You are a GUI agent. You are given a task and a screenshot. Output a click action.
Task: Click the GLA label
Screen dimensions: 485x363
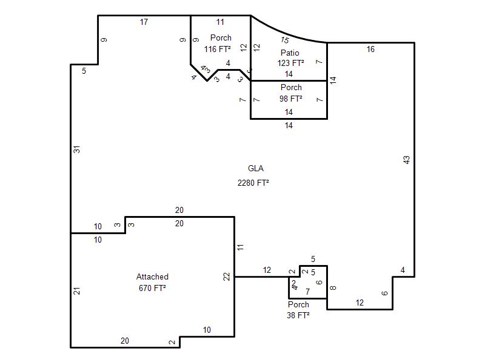click(x=255, y=169)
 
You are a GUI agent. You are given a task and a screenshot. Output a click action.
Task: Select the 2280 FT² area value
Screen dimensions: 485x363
click(x=253, y=183)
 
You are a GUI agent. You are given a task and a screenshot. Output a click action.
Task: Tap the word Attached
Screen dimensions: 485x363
click(x=152, y=276)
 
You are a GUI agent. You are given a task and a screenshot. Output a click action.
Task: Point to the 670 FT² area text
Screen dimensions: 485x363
click(x=152, y=288)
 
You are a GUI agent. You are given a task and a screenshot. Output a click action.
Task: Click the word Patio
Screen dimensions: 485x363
click(x=290, y=53)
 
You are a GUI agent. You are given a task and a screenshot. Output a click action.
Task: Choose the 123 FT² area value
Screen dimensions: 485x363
click(x=290, y=64)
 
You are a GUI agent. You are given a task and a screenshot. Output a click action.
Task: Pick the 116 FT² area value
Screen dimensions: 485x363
click(x=217, y=49)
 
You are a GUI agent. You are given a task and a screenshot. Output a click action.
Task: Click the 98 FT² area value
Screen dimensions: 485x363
click(x=291, y=99)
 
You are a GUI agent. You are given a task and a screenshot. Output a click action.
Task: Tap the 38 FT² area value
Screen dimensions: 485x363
click(x=298, y=315)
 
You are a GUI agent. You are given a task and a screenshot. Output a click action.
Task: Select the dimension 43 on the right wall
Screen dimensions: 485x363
click(x=406, y=160)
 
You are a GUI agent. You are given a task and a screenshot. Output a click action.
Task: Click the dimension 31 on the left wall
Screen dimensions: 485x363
click(x=77, y=149)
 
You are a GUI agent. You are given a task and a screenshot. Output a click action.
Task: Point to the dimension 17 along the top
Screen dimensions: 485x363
click(x=144, y=22)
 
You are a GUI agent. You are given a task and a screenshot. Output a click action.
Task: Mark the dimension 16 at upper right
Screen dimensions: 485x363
click(x=370, y=49)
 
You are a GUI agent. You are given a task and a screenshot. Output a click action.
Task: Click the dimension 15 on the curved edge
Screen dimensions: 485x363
click(x=285, y=40)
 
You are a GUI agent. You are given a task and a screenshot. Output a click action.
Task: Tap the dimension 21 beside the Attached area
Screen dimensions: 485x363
click(x=77, y=291)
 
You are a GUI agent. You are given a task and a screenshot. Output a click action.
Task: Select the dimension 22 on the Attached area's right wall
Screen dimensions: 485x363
click(x=227, y=276)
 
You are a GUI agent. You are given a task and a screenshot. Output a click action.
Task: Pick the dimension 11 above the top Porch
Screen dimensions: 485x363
click(x=220, y=22)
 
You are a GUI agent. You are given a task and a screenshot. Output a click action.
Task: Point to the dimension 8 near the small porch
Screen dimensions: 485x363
click(x=333, y=288)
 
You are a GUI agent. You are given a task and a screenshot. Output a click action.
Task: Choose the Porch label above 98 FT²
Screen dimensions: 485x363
click(x=291, y=87)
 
